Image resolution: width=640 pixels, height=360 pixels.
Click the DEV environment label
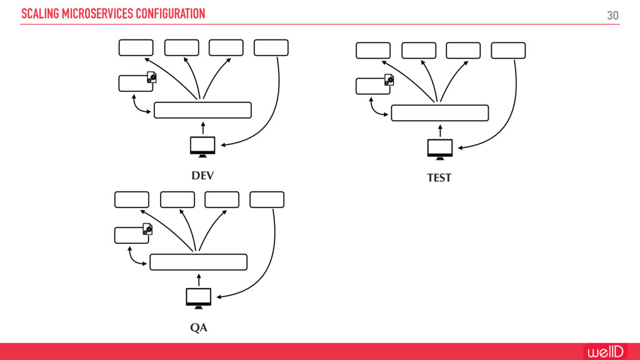click(202, 176)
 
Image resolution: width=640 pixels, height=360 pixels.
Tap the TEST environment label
click(439, 178)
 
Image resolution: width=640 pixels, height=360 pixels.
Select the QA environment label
click(199, 328)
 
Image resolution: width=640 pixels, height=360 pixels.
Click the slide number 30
click(612, 15)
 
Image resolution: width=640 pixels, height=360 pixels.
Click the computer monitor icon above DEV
click(202, 145)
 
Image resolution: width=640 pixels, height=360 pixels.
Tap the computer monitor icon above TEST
click(440, 148)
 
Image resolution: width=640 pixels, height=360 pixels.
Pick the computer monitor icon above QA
click(199, 297)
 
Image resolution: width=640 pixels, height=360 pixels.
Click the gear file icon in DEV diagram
click(151, 77)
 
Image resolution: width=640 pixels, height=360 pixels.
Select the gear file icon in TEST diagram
click(389, 80)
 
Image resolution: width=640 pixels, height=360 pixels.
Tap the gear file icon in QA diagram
click(147, 229)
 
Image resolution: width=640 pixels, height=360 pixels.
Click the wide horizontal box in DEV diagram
click(202, 110)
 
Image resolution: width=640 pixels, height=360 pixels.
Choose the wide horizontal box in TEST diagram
click(439, 112)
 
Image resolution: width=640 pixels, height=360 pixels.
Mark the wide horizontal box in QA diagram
click(199, 262)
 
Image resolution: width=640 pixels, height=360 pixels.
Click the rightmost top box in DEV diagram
click(271, 47)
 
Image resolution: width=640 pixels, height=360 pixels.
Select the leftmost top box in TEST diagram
click(373, 51)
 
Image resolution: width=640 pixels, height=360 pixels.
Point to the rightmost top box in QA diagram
click(267, 199)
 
